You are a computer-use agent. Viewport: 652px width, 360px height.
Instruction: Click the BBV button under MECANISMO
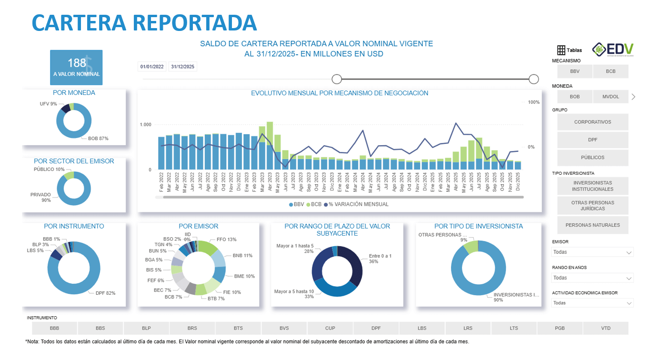pyautogui.click(x=575, y=71)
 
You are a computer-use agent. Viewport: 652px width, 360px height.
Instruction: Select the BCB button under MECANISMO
pyautogui.click(x=611, y=71)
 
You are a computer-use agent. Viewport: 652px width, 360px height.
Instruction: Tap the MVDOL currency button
pyautogui.click(x=611, y=97)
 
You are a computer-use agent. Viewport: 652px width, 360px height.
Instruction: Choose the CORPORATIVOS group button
pyautogui.click(x=592, y=122)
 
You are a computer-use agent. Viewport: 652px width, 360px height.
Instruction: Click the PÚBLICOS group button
pyautogui.click(x=592, y=158)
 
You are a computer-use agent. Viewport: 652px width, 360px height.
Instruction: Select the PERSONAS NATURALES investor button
pyautogui.click(x=592, y=225)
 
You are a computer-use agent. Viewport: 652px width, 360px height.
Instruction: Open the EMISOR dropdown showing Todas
pyautogui.click(x=592, y=252)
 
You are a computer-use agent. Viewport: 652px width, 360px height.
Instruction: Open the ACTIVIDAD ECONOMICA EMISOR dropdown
pyautogui.click(x=592, y=303)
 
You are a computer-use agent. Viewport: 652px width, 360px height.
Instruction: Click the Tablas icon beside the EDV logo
pyautogui.click(x=569, y=50)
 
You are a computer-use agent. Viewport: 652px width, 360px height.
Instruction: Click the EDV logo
pyautogui.click(x=613, y=49)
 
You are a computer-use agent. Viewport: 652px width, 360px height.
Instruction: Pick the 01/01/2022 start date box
pyautogui.click(x=152, y=67)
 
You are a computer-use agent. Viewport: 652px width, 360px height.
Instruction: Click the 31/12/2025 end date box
pyautogui.click(x=182, y=67)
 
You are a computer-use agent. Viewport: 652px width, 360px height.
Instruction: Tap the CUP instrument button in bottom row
pyautogui.click(x=330, y=328)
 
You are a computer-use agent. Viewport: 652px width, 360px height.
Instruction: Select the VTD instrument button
pyautogui.click(x=605, y=328)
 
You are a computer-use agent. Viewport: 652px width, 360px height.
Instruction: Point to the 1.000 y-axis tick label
pyautogui.click(x=145, y=125)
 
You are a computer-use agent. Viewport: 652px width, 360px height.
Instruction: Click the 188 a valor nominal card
pyautogui.click(x=77, y=67)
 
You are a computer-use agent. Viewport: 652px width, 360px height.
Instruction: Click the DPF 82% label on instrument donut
pyautogui.click(x=105, y=293)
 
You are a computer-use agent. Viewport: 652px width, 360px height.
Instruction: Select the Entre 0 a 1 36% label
pyautogui.click(x=380, y=259)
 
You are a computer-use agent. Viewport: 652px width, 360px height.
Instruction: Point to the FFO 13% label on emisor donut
pyautogui.click(x=226, y=240)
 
